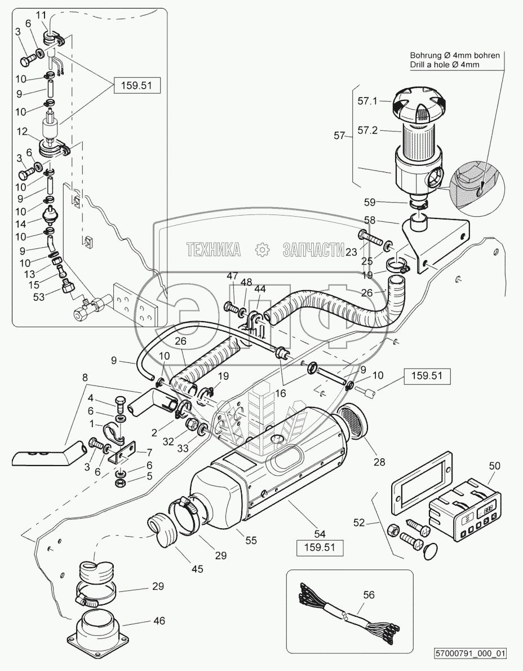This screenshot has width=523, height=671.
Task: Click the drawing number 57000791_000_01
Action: click(471, 654)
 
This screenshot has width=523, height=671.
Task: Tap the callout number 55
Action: click(251, 540)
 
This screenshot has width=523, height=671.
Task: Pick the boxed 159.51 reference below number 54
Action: click(320, 547)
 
